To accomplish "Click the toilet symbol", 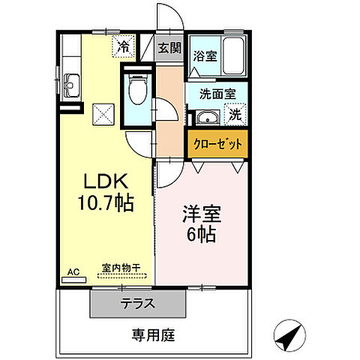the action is [137, 89].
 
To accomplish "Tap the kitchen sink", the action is [71, 85].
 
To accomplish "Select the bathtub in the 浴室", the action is [233, 55].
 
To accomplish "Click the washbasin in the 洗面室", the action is [208, 118].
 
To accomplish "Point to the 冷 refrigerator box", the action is [124, 46].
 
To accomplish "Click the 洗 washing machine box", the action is [235, 115].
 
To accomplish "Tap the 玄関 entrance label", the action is [169, 48].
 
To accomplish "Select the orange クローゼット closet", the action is [217, 144].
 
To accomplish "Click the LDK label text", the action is [106, 181].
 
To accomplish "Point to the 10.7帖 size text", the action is [106, 203].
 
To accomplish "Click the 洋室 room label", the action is [202, 214].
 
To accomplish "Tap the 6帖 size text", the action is [202, 234].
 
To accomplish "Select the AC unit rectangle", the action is [73, 280].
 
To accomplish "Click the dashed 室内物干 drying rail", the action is [121, 276].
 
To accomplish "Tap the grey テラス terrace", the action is [138, 304].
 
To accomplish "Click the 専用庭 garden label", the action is [154, 335].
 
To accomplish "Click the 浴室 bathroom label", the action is [205, 56].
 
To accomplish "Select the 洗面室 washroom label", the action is [217, 94].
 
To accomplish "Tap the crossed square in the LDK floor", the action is [103, 114].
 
